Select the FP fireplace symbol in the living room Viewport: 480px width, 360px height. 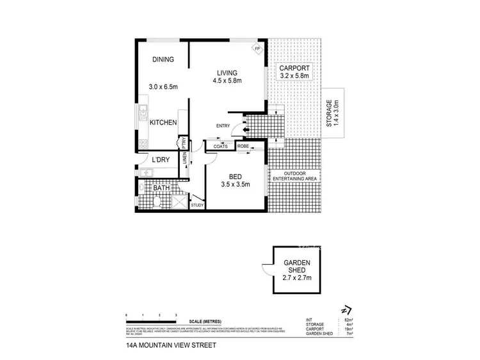tap(257, 49)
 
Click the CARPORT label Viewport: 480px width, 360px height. tap(294, 68)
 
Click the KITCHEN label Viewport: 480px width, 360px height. tap(163, 122)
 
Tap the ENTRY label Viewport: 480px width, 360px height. tap(223, 125)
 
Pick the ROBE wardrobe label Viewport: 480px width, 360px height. tap(243, 146)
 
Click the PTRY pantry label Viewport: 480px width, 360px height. tap(184, 143)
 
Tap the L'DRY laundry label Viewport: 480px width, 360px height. tap(161, 160)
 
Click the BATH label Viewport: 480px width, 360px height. tap(160, 188)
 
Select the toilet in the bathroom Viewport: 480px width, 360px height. tap(157, 203)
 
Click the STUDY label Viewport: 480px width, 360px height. tap(197, 205)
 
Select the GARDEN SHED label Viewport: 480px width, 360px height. tap(296, 265)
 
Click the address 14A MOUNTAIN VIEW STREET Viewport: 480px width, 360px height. tap(172, 346)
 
